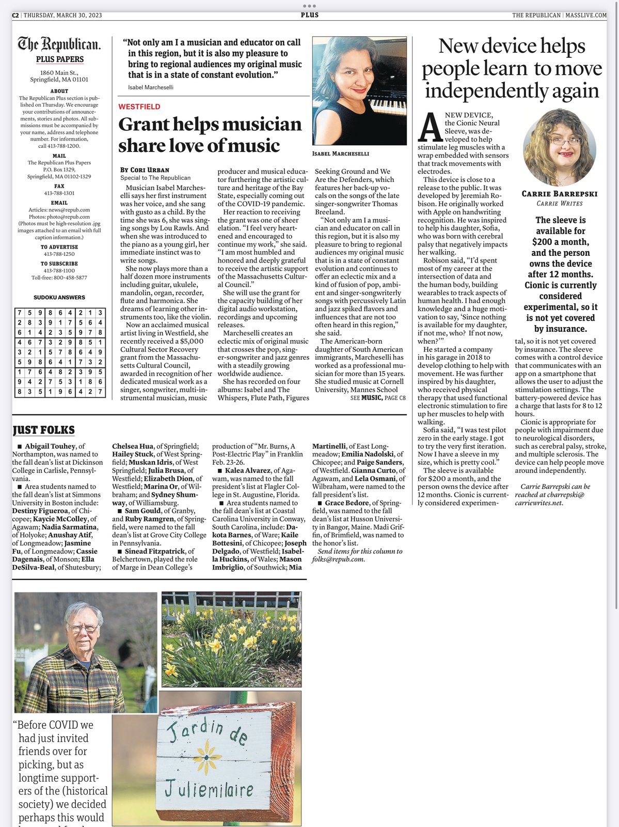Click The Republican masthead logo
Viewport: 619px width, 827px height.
tap(59, 44)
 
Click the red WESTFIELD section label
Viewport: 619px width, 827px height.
tap(139, 106)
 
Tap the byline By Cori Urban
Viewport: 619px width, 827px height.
tap(145, 170)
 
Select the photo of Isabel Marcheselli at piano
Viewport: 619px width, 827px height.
tap(359, 90)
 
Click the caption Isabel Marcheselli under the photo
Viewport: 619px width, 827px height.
tap(341, 154)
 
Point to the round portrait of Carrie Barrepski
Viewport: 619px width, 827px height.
tap(559, 147)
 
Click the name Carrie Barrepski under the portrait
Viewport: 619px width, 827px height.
tap(559, 194)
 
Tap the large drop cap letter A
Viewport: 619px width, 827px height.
tap(430, 127)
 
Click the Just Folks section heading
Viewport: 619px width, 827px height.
tap(43, 430)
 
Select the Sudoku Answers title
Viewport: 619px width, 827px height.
tap(59, 297)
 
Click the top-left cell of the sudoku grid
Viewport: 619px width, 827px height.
tap(20, 313)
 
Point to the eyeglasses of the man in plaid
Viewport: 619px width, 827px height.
tap(83, 629)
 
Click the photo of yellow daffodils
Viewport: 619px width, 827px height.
tap(231, 639)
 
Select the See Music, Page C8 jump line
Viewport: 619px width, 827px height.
tap(378, 397)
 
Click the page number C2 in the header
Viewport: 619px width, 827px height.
tap(15, 15)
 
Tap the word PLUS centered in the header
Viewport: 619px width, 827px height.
tap(310, 15)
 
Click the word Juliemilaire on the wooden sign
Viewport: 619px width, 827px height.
tap(209, 789)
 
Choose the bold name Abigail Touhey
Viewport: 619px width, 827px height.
tap(50, 446)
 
